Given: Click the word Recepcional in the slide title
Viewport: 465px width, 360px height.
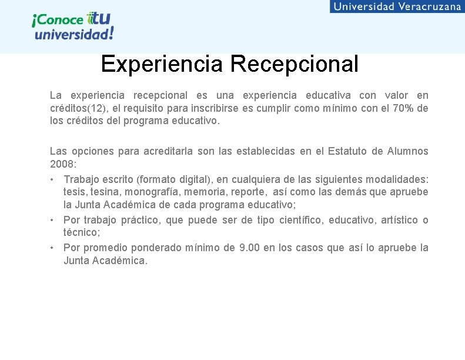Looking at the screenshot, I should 294,64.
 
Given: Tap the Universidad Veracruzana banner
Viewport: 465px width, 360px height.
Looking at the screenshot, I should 397,6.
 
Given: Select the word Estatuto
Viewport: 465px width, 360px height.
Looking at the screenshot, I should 345,151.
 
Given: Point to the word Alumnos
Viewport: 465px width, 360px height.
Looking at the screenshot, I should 407,151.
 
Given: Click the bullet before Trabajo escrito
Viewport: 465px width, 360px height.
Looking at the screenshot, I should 53,179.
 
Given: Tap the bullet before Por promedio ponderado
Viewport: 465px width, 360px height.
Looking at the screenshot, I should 53,248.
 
